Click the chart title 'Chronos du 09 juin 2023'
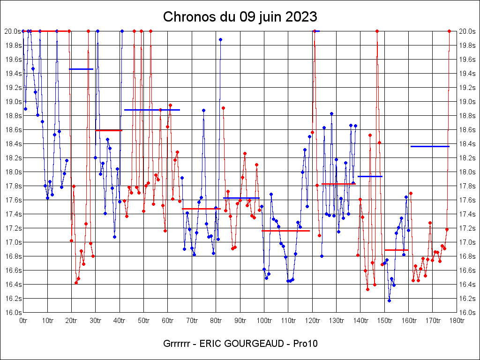pyautogui.click(x=240, y=17)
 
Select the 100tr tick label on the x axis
pyautogui.click(x=264, y=321)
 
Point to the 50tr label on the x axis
pyautogui.click(x=143, y=321)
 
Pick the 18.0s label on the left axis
pyautogui.click(x=13, y=172)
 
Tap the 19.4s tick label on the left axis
pyautogui.click(x=13, y=74)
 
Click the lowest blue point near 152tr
pyautogui.click(x=389, y=300)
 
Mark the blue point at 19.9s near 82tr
pyautogui.click(x=220, y=39)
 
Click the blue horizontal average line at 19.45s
pyautogui.click(x=81, y=69)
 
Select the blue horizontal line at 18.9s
pyautogui.click(x=152, y=110)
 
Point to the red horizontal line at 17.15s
pyautogui.click(x=285, y=231)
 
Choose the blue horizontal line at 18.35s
pyautogui.click(x=430, y=146)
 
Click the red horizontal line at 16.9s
pyautogui.click(x=396, y=250)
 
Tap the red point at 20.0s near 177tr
pyautogui.click(x=449, y=31)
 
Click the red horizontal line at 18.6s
pyautogui.click(x=108, y=130)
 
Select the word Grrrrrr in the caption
pyautogui.click(x=177, y=344)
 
